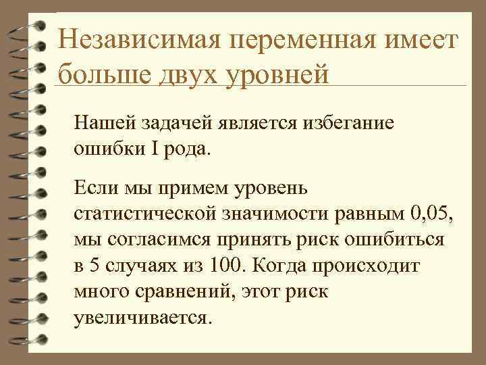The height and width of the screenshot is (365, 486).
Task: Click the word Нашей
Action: point(103,124)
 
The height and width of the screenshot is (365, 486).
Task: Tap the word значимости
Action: point(277,215)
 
